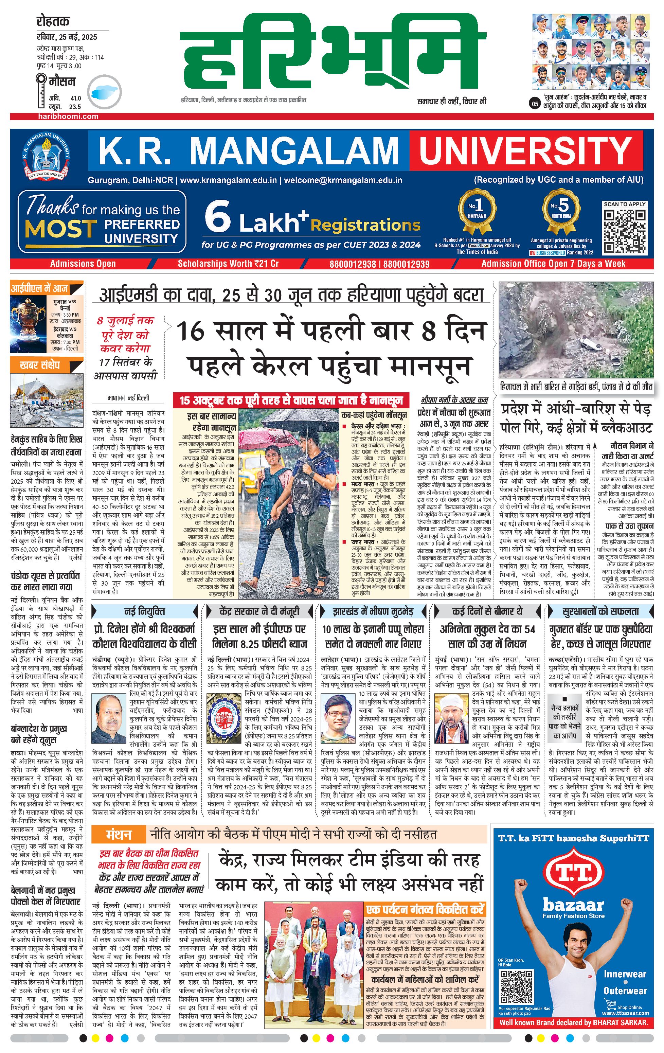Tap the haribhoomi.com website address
(x=67, y=116)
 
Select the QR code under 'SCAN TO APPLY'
(x=624, y=231)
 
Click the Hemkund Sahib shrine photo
(x=46, y=400)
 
